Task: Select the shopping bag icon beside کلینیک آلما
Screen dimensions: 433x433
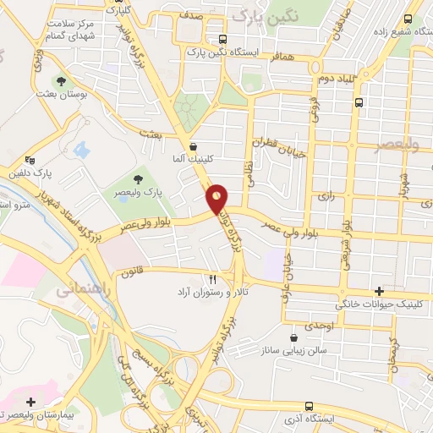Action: coord(194,145)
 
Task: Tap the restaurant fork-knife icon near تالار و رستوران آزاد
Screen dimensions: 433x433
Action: coord(213,278)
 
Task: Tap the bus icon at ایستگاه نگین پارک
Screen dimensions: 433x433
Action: coord(222,39)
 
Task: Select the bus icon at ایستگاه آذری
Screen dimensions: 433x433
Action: coord(308,406)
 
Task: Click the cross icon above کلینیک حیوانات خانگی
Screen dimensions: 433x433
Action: coord(389,290)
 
